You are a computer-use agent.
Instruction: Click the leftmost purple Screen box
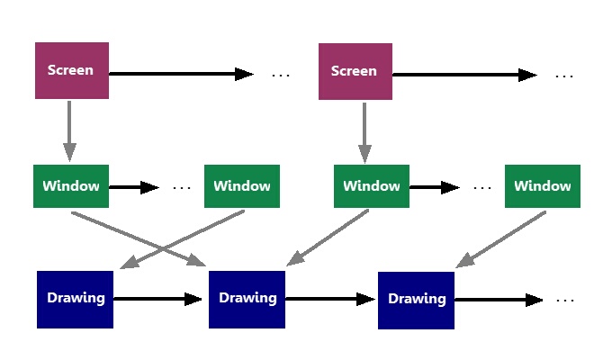point(71,70)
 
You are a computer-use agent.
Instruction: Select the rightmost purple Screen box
point(355,70)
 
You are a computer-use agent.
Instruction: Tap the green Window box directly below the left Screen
point(71,186)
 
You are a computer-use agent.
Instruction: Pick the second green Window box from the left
point(242,186)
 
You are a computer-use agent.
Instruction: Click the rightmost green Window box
point(542,186)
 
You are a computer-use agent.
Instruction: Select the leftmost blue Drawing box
point(76,299)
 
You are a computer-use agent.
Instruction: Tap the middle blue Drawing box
point(247,299)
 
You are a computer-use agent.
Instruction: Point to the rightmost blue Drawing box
point(416,299)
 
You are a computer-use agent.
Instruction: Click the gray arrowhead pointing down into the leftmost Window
point(69,153)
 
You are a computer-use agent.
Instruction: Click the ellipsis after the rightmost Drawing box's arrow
point(565,300)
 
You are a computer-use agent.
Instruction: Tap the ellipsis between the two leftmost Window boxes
point(182,188)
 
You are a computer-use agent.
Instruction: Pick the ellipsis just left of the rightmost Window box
point(482,188)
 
